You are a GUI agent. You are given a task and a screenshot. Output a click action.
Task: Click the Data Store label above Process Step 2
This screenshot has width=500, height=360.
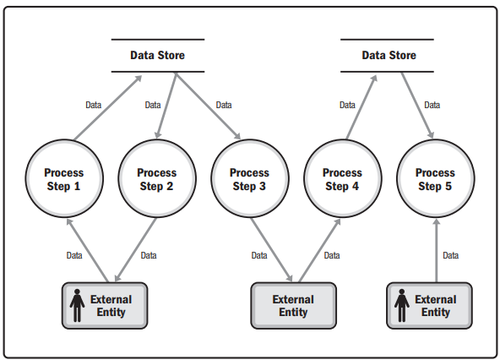pyautogui.click(x=158, y=55)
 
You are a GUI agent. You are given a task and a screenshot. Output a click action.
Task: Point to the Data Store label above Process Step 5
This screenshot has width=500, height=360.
pyautogui.click(x=389, y=55)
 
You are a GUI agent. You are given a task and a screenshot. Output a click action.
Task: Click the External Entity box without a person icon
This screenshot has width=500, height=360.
pyautogui.click(x=293, y=305)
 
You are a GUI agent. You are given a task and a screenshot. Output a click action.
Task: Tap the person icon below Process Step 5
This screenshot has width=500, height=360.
pyautogui.click(x=402, y=305)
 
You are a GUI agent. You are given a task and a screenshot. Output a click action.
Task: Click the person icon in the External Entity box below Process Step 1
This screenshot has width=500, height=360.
pyautogui.click(x=77, y=305)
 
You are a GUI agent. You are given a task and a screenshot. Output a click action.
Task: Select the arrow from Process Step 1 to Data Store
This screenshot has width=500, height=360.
pyautogui.click(x=108, y=107)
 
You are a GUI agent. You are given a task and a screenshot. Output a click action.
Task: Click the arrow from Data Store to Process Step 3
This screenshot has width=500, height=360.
pyautogui.click(x=208, y=106)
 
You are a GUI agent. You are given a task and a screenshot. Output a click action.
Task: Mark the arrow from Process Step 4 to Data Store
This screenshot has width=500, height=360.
pyautogui.click(x=361, y=107)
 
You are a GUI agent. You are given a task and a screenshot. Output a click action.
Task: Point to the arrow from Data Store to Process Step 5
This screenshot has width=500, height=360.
pyautogui.click(x=417, y=106)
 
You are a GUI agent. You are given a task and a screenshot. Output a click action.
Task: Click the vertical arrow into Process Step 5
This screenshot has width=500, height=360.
pyautogui.click(x=437, y=250)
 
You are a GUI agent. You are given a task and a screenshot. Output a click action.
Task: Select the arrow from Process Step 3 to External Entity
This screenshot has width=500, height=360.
pyautogui.click(x=271, y=250)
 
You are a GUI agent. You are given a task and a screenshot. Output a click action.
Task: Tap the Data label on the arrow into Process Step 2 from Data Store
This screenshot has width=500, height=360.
pyautogui.click(x=153, y=105)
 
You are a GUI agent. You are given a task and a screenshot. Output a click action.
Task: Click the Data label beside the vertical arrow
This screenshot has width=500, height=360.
pyautogui.click(x=450, y=255)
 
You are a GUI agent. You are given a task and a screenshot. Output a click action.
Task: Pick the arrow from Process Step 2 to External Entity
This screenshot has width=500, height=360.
pyautogui.click(x=135, y=250)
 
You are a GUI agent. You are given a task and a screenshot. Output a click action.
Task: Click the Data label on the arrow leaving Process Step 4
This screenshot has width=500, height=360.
pyautogui.click(x=347, y=105)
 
